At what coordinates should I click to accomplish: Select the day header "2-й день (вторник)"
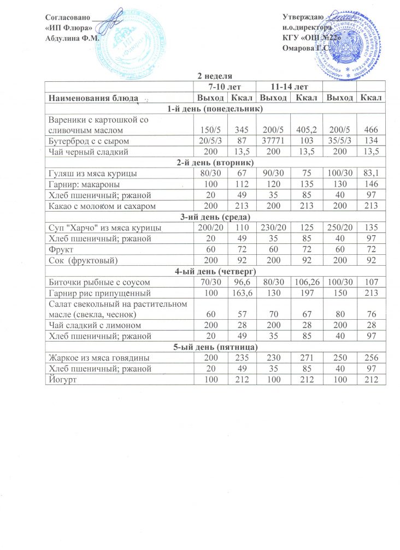214,162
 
